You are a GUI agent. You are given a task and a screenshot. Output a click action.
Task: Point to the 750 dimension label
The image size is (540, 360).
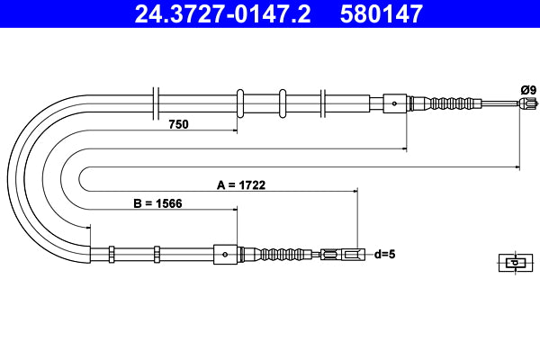coord(178,124)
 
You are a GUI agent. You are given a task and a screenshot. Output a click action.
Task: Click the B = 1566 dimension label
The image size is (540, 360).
coord(158,203)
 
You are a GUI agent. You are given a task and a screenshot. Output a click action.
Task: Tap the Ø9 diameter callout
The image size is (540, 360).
coord(527,89)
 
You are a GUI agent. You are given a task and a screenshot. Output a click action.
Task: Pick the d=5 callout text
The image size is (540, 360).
coord(384,255)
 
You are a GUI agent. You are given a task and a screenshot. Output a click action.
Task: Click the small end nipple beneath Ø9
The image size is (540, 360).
coord(525,104)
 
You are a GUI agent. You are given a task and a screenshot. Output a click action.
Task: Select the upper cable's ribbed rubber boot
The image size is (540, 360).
coord(453,103)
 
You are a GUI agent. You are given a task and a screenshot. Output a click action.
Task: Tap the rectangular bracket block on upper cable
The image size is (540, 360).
coord(396,103)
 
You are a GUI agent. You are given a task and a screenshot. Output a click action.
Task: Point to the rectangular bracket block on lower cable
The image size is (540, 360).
coord(226,255)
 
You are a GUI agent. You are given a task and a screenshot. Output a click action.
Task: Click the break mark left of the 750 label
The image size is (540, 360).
coord(157,103)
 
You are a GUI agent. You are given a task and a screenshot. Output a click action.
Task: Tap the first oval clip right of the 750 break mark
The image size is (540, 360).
coord(240,103)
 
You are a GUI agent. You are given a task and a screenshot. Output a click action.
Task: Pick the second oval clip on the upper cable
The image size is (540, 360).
coord(283,103)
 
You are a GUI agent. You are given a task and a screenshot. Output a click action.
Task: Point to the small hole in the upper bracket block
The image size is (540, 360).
coord(395,103)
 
